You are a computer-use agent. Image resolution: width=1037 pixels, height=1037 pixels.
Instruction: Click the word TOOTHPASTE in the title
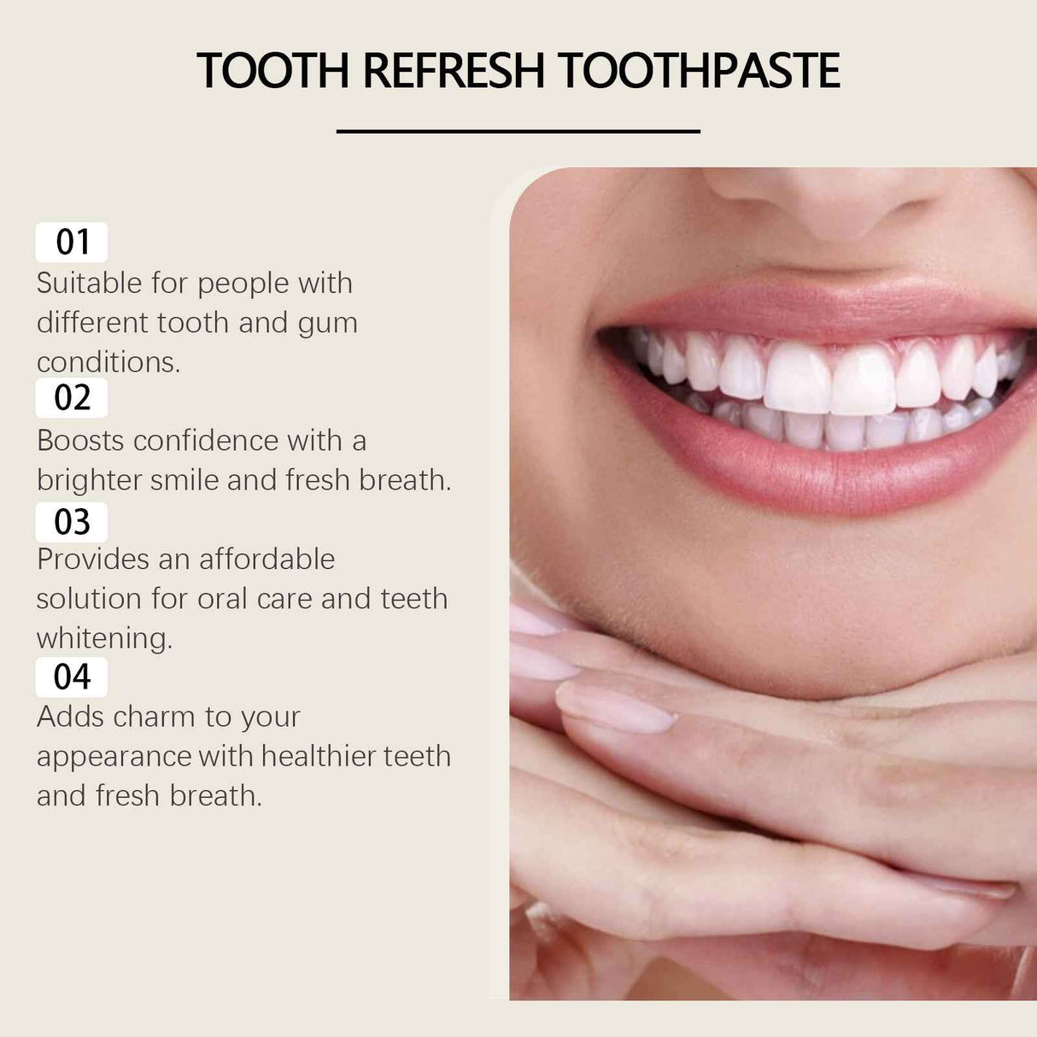pos(699,71)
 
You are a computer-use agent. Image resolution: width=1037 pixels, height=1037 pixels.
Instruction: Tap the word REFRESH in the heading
pos(453,71)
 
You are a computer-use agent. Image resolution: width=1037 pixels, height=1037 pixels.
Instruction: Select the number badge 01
pos(72,243)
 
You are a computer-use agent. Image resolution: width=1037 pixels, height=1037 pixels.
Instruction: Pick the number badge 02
pos(72,398)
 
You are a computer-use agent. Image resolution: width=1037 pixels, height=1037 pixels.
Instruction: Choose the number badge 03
pos(72,522)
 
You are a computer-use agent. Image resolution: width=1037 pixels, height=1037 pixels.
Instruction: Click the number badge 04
pos(72,677)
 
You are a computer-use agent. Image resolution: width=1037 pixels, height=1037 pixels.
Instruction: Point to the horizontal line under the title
pos(518,132)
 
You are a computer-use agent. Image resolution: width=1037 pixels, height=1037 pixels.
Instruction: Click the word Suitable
pos(89,284)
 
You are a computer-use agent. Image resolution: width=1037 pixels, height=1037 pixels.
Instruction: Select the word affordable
pos(267,560)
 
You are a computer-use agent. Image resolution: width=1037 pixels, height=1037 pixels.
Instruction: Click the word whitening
pos(104,638)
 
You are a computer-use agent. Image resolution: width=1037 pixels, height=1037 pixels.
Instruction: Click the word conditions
pos(108,362)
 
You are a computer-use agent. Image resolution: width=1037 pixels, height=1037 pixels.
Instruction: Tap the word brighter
pos(89,480)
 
